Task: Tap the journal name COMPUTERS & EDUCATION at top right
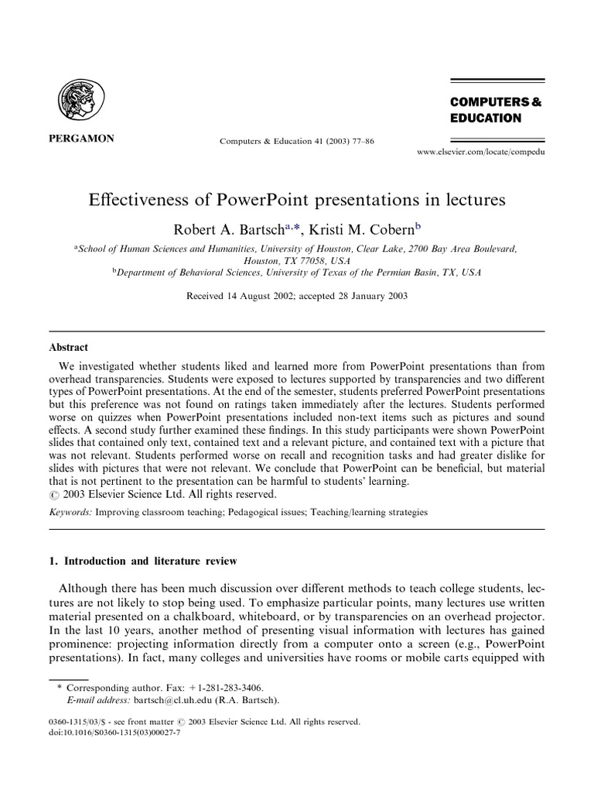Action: (x=486, y=110)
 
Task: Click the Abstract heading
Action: (x=70, y=348)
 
